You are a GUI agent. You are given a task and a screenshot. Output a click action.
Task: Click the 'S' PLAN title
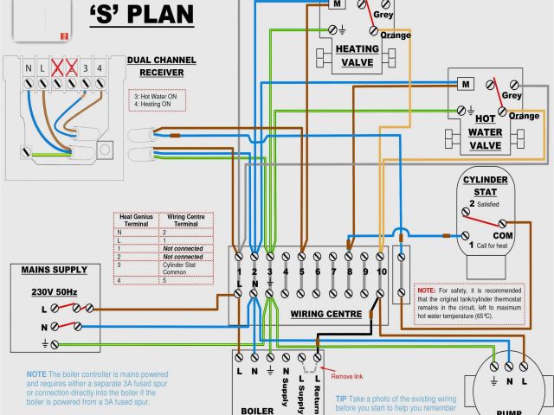point(140,16)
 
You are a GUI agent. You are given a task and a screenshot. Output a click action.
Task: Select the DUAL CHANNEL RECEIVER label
point(161,67)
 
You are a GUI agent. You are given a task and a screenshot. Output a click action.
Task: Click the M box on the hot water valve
point(465,84)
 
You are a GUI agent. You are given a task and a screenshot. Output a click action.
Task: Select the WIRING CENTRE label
point(326,313)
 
